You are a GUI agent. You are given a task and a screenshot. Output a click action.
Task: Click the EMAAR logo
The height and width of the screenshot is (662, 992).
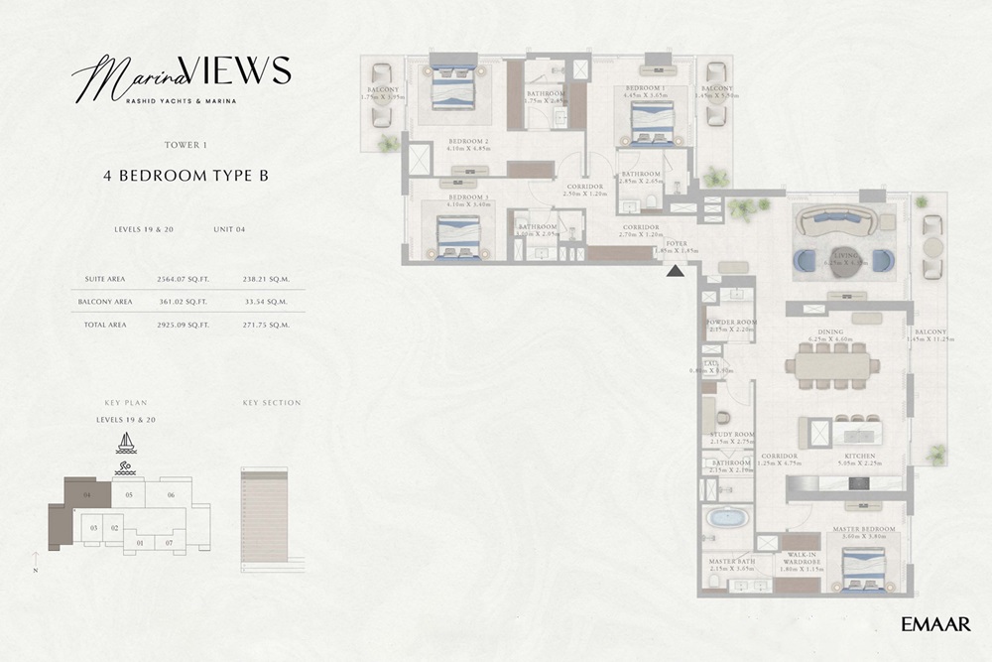[x=935, y=623]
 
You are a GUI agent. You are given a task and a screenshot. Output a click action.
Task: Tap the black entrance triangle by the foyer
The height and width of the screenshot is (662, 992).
[x=675, y=271]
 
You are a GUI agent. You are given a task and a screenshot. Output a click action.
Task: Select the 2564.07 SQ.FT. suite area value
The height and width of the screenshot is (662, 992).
[x=186, y=281]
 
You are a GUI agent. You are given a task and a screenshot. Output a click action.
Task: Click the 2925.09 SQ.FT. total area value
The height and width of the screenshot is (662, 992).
[x=186, y=324]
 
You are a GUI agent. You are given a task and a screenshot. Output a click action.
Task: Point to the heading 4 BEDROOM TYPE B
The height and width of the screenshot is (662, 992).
[x=186, y=175]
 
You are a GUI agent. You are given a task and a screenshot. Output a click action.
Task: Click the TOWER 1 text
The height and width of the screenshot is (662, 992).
[x=186, y=145]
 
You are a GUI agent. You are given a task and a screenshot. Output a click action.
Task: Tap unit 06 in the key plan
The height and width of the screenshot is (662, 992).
[x=171, y=494]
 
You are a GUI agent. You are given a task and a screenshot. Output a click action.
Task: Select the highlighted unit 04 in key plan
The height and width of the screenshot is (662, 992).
[x=87, y=494]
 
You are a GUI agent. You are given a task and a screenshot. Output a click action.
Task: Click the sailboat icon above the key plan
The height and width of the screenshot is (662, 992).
[x=126, y=442]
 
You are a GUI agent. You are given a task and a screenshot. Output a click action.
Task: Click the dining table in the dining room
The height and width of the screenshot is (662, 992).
[x=831, y=365]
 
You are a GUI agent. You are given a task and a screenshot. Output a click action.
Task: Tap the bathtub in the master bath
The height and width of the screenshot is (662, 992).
[x=727, y=519]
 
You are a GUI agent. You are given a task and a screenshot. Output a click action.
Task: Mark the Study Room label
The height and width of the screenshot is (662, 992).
[x=731, y=436]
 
